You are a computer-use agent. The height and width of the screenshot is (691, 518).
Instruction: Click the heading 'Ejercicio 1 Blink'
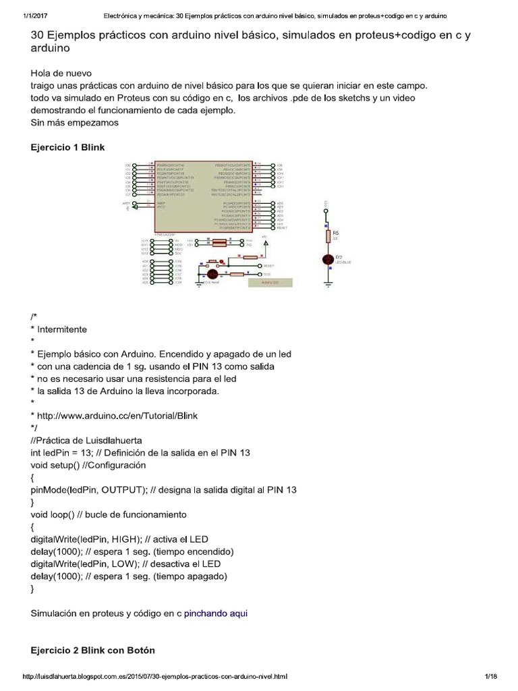tap(67, 146)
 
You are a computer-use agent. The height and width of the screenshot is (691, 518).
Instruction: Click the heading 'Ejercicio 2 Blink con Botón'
tap(93, 651)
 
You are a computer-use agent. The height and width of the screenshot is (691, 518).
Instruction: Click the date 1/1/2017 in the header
tap(28, 15)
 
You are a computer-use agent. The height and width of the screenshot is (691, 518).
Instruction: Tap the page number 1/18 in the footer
tap(490, 675)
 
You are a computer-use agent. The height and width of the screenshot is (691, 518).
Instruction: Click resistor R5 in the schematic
tap(328, 236)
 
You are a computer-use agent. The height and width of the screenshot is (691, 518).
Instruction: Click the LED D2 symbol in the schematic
tap(328, 258)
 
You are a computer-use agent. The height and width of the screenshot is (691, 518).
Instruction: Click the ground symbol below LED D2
tap(328, 283)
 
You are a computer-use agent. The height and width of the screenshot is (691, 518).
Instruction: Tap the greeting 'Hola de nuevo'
tap(65, 73)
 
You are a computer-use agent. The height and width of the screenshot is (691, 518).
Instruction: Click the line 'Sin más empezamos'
tap(75, 123)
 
